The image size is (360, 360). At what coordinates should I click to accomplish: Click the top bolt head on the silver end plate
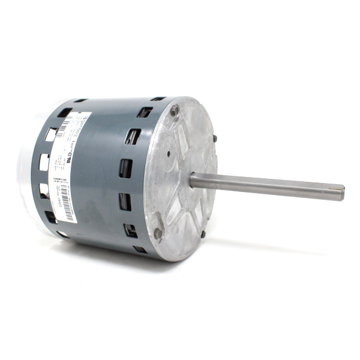pyautogui.click(x=174, y=110)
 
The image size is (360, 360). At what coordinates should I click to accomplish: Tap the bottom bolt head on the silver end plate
pyautogui.click(x=158, y=233)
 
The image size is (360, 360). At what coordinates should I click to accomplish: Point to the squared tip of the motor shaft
pyautogui.click(x=341, y=192)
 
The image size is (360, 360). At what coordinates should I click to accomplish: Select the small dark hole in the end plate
pyautogui.click(x=169, y=153)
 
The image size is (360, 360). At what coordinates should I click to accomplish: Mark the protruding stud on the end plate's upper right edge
pyautogui.click(x=214, y=139)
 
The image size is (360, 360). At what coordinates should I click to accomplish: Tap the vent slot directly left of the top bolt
pyautogui.click(x=145, y=112)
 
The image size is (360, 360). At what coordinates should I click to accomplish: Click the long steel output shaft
pyautogui.click(x=270, y=185)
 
